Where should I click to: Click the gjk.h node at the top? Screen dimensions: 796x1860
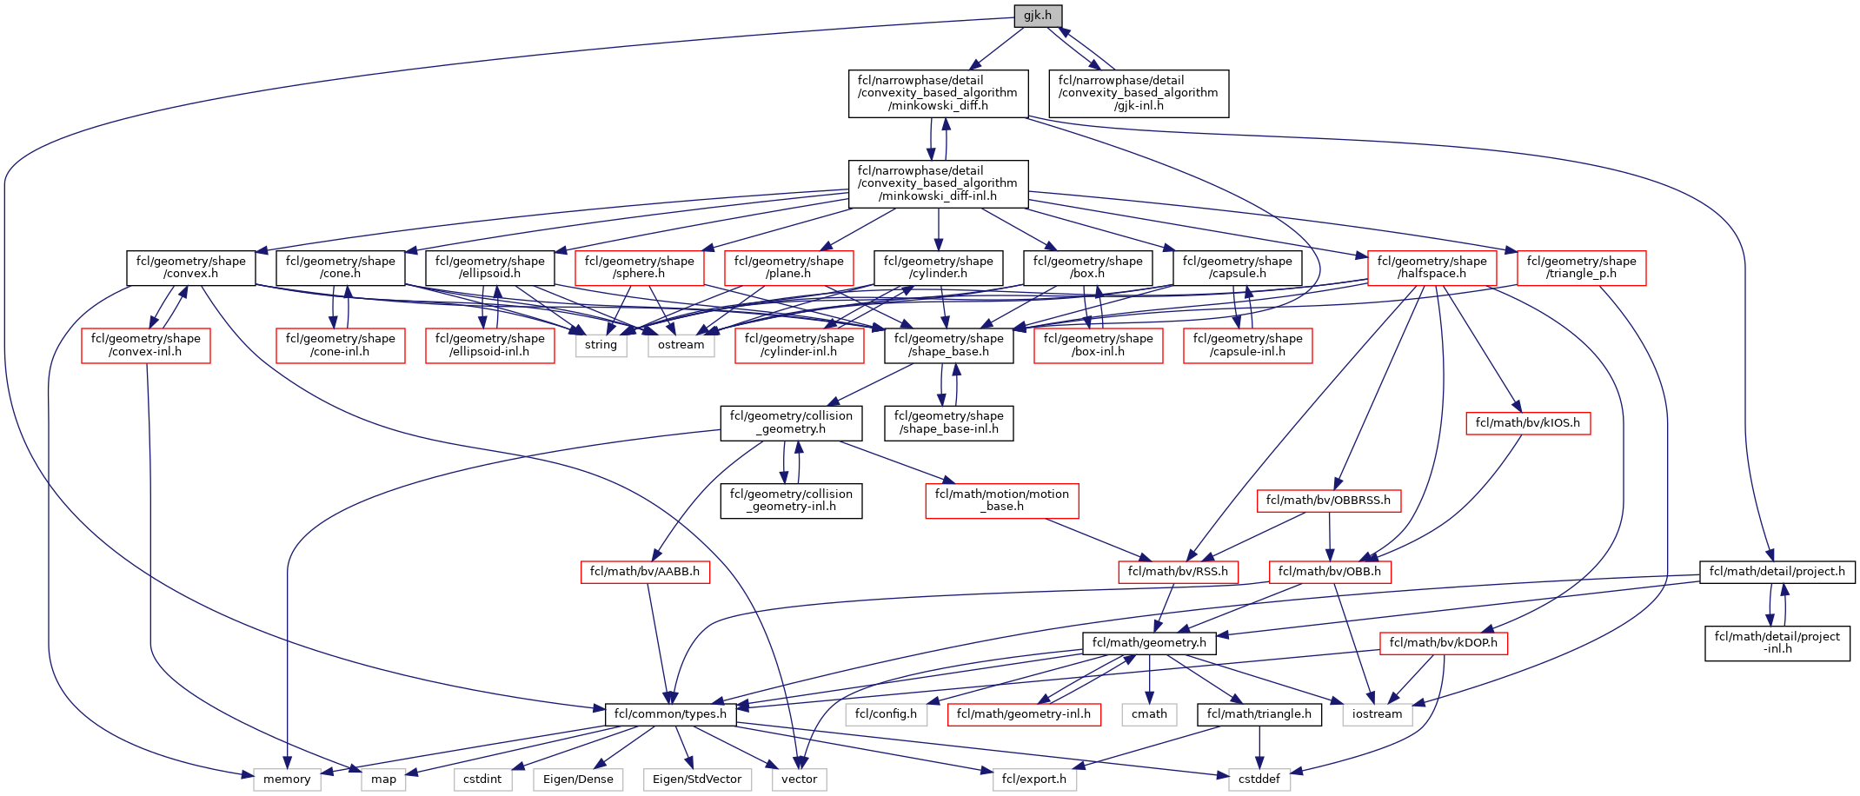(x=1038, y=16)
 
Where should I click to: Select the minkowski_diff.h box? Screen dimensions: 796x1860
(x=938, y=93)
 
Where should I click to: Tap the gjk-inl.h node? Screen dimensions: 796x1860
(x=1139, y=93)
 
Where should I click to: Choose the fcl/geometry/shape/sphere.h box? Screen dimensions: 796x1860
(x=639, y=267)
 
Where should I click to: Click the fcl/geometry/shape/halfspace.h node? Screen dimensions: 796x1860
(x=1432, y=267)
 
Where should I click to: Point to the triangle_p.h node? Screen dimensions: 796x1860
(x=1581, y=267)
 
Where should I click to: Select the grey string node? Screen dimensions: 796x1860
(x=601, y=345)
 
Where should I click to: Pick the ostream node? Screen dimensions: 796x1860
(x=681, y=345)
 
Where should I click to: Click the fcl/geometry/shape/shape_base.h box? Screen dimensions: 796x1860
(x=948, y=345)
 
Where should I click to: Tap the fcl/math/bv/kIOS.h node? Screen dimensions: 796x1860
(x=1527, y=423)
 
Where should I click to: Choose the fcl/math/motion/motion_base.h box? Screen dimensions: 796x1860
(x=1001, y=500)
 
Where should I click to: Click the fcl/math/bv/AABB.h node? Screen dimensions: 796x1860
(x=644, y=572)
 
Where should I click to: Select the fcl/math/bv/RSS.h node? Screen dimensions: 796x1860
(x=1178, y=572)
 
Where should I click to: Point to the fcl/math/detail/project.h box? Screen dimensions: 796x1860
(x=1777, y=572)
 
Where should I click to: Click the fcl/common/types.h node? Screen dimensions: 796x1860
(x=670, y=714)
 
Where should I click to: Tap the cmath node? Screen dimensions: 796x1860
(x=1149, y=714)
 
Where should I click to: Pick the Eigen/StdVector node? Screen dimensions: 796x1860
(x=697, y=779)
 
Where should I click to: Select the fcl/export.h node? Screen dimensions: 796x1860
(x=1033, y=779)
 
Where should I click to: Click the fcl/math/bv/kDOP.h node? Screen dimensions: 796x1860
(x=1443, y=643)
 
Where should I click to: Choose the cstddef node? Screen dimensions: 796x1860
(x=1259, y=779)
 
